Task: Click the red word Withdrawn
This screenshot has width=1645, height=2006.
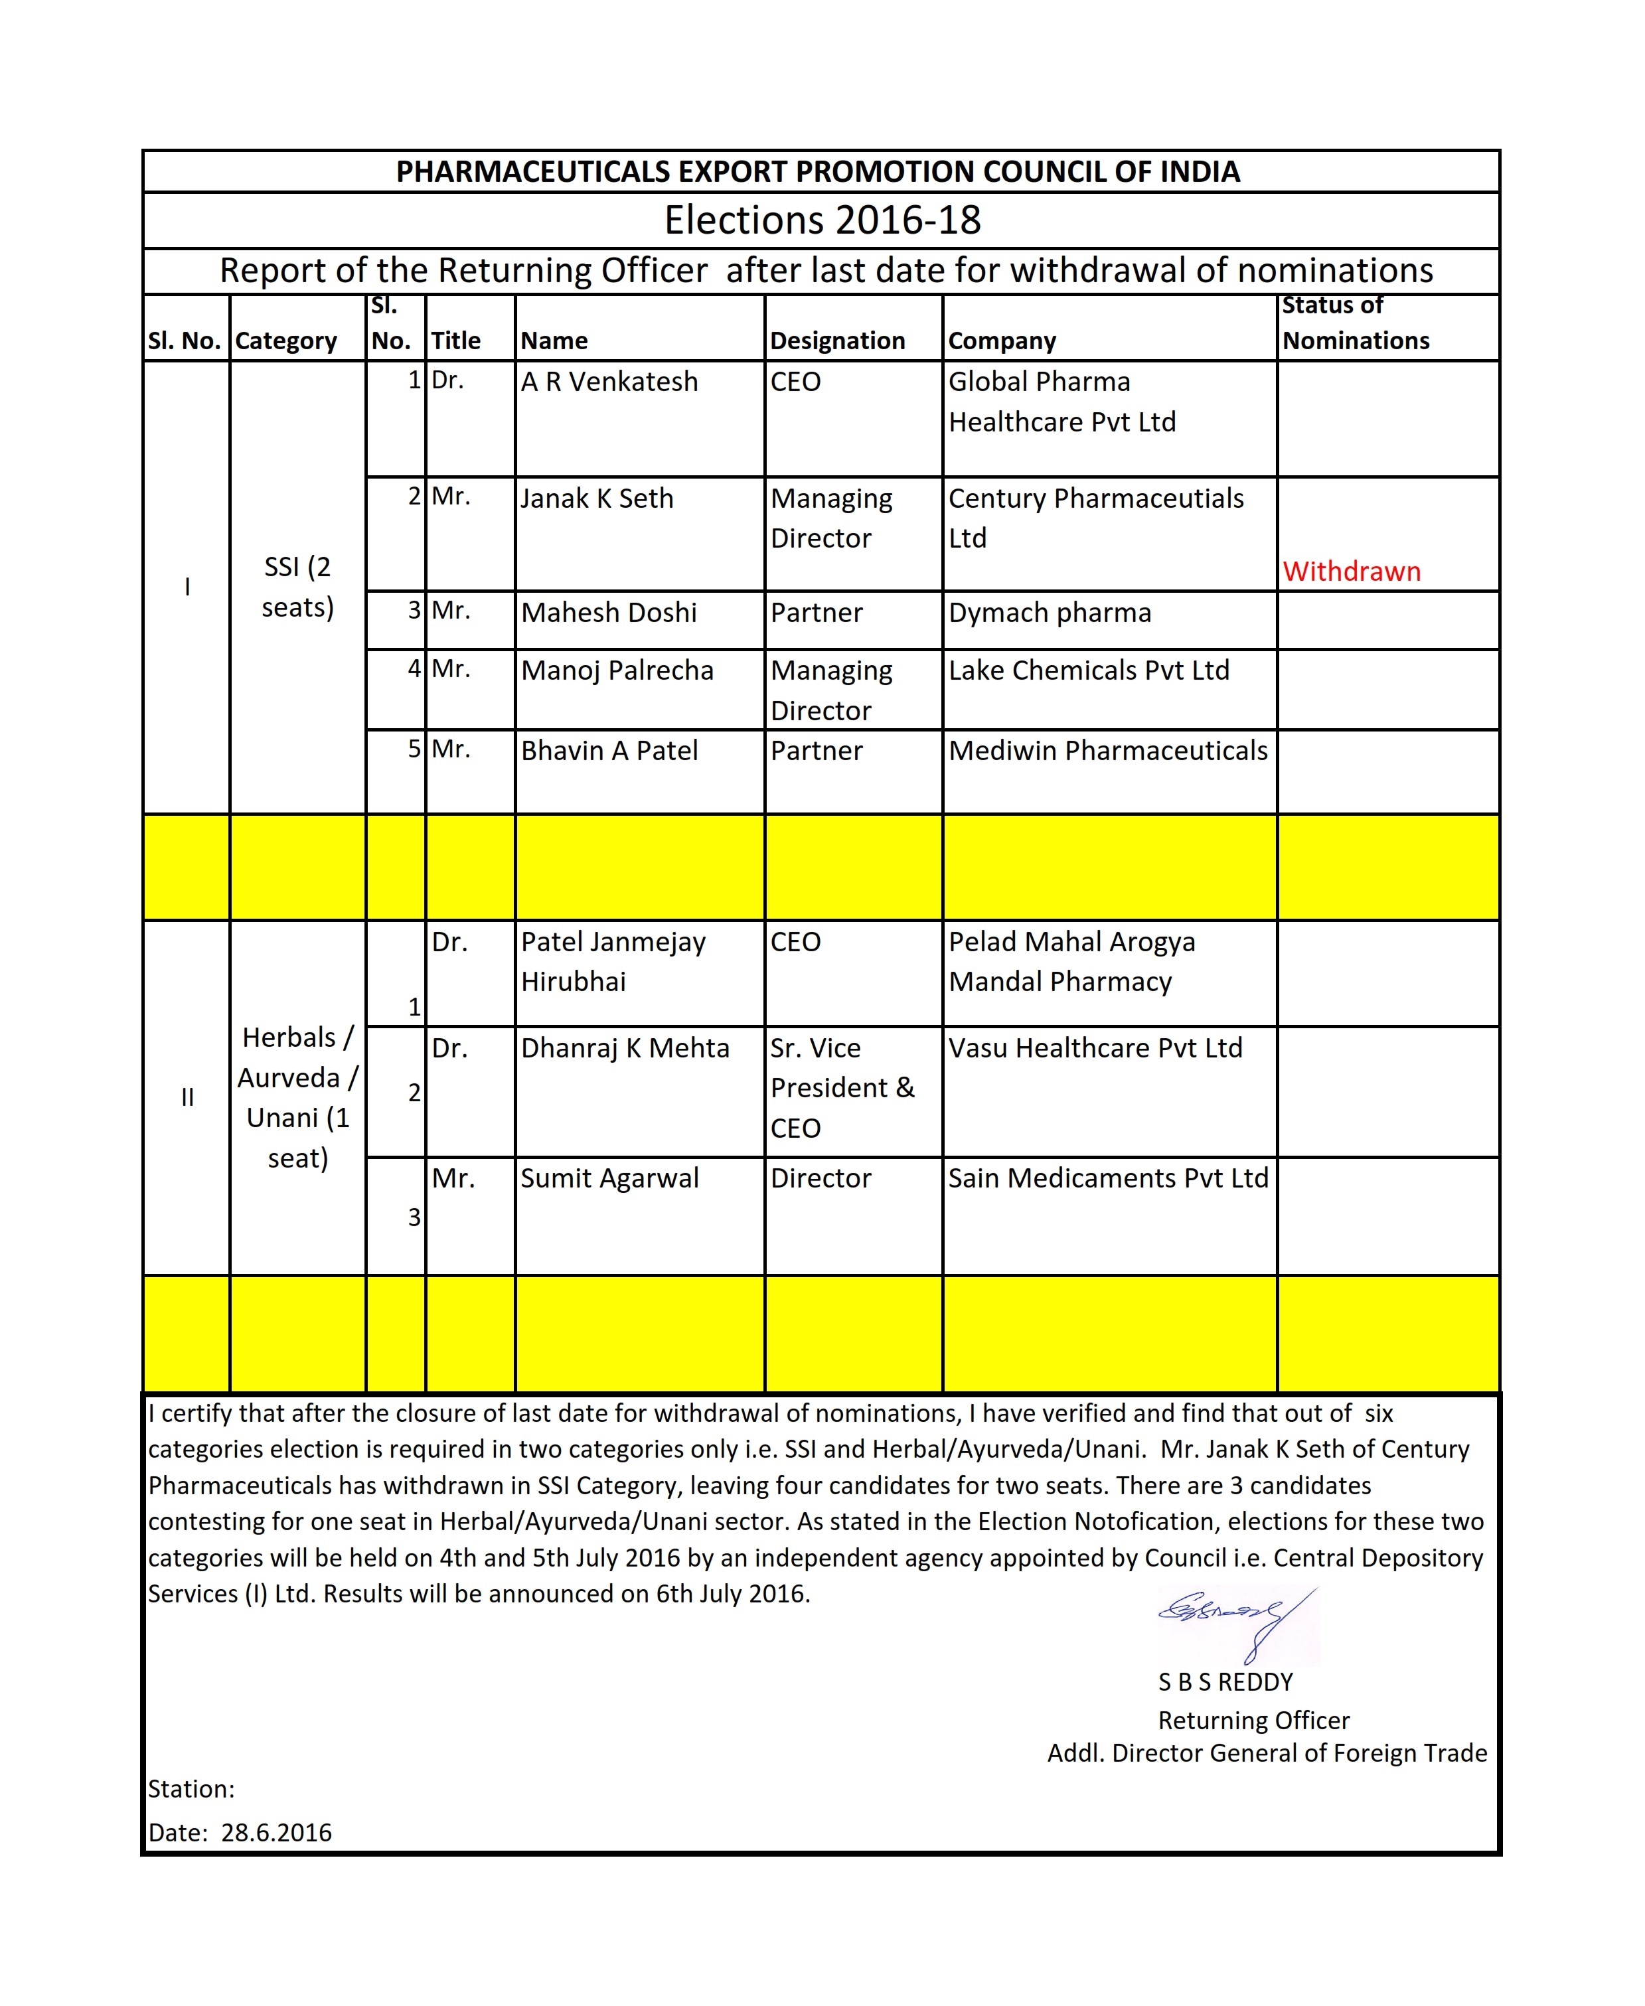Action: [1352, 572]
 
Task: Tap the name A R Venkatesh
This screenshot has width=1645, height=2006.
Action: [609, 382]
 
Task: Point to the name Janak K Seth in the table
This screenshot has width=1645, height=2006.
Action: [597, 499]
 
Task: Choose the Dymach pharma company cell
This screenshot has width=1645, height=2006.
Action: [1050, 613]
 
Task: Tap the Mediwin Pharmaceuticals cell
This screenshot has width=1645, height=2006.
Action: [1108, 751]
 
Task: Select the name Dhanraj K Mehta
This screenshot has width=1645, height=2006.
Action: [625, 1048]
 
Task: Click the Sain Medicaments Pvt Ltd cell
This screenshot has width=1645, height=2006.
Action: [1108, 1178]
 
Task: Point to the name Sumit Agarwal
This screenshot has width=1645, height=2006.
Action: [609, 1178]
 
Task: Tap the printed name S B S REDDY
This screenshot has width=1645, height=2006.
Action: [1225, 1682]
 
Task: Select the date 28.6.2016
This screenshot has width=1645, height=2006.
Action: [277, 1833]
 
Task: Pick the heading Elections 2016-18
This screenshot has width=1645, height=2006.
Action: [822, 220]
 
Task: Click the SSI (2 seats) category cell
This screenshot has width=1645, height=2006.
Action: [297, 587]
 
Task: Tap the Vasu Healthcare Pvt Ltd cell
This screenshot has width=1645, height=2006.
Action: [1095, 1048]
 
